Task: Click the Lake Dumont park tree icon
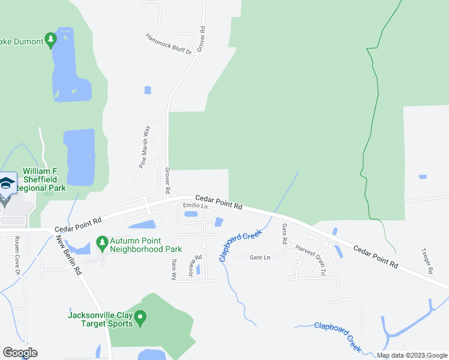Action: pos(51,41)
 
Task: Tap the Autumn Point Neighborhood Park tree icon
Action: pos(101,242)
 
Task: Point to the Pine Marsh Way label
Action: pos(143,145)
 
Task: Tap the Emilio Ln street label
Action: pos(195,206)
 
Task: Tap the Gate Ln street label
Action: pos(261,257)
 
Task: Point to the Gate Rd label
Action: pos(285,233)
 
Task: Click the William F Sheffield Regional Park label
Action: pos(44,179)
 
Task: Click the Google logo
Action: pos(19,353)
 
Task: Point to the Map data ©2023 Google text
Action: pos(411,355)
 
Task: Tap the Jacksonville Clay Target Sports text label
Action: pos(100,319)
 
